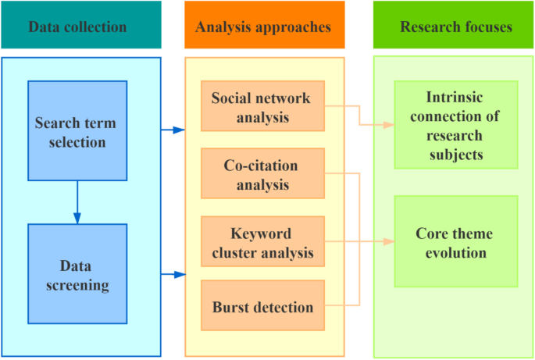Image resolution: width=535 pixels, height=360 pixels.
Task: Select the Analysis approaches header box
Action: click(263, 27)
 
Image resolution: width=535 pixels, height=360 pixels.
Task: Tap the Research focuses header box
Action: click(456, 27)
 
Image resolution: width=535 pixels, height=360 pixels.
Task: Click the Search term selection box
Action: click(77, 130)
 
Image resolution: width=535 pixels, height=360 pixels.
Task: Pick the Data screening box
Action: click(77, 274)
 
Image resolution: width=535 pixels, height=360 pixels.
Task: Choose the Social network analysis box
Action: click(262, 107)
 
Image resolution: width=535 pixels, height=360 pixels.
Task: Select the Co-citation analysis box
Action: click(262, 175)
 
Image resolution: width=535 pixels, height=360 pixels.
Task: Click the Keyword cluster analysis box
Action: click(262, 242)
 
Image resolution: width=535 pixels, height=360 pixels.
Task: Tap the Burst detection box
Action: click(262, 306)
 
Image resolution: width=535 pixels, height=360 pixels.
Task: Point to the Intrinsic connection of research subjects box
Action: click(456, 125)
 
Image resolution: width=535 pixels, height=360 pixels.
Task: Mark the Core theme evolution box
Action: click(456, 241)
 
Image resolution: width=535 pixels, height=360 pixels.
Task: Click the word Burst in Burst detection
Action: click(230, 306)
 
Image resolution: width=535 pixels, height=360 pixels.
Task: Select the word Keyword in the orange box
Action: click(260, 233)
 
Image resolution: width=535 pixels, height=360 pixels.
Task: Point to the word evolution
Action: click(456, 252)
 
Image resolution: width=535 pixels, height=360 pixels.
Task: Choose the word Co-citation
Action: click(261, 166)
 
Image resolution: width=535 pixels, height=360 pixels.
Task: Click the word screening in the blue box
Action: click(77, 285)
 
